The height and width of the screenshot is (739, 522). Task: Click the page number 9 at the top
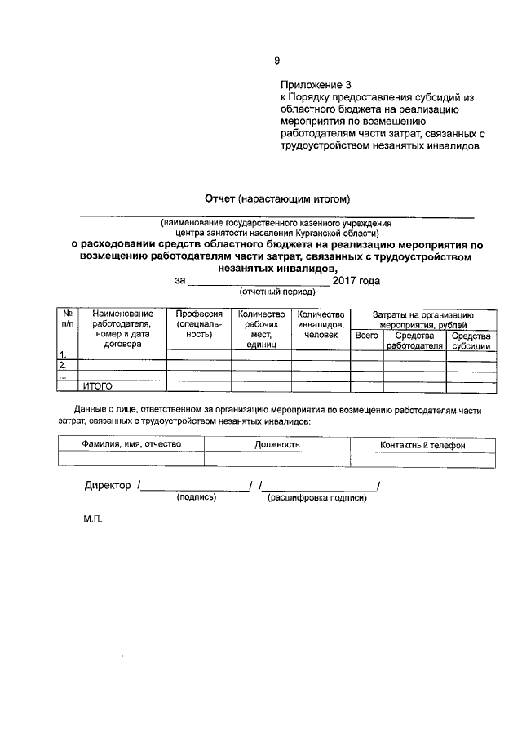click(x=276, y=60)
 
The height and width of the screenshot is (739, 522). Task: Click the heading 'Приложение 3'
click(x=316, y=84)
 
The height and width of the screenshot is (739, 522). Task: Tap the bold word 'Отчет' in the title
click(x=219, y=198)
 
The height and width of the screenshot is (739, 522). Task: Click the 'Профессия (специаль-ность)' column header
click(x=199, y=323)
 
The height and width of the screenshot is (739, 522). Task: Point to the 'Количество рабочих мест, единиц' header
click(x=261, y=329)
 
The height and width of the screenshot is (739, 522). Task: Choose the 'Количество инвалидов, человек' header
click(x=321, y=323)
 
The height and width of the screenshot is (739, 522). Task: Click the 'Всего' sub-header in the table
click(x=366, y=336)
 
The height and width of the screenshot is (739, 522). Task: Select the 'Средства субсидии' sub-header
click(x=471, y=341)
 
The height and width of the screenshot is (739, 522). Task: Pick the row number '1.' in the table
click(x=62, y=354)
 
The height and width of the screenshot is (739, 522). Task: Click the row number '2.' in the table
click(x=62, y=365)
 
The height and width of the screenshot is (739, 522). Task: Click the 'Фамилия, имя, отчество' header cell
click(x=131, y=444)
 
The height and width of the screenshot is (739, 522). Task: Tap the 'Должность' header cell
click(x=276, y=444)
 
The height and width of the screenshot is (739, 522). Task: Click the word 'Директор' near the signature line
click(x=108, y=486)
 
